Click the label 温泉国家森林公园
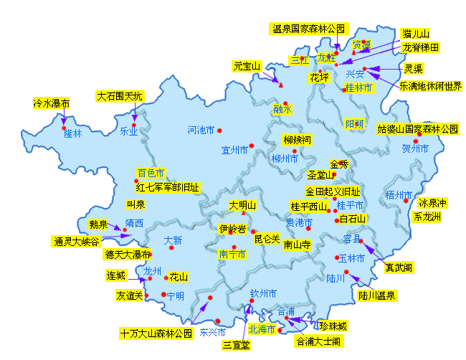coord(309,29)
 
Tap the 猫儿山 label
coord(416,34)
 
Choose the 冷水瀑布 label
coord(52,103)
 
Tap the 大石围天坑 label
coord(120,96)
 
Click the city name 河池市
coord(201,131)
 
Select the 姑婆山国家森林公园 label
coord(417,130)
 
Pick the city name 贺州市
coord(415,149)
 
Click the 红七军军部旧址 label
coord(168,187)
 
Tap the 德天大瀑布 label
coord(127,255)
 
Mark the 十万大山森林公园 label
coord(157,333)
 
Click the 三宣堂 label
coord(236,346)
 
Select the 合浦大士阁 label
coord(318,341)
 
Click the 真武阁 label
coord(398,267)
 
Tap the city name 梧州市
coord(399,195)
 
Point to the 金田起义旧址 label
coord(333,191)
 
